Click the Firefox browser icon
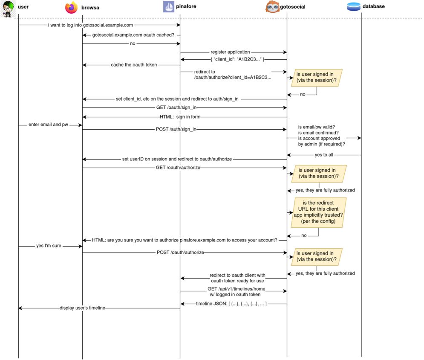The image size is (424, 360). (72, 7)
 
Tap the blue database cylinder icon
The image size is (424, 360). (353, 6)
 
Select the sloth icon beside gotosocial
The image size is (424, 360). (272, 7)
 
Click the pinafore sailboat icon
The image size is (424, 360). (168, 6)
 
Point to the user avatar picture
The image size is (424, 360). (8, 9)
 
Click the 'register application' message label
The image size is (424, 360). (230, 52)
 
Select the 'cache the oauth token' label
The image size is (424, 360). (134, 65)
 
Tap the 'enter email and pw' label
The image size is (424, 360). (48, 125)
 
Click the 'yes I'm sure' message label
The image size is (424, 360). (49, 246)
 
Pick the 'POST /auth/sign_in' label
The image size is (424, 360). (176, 129)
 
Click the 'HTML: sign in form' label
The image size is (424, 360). (180, 117)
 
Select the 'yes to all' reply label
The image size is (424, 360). (324, 155)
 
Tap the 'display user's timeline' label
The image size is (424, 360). (82, 308)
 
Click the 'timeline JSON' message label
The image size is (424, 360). (231, 304)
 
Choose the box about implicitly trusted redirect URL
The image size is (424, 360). (318, 212)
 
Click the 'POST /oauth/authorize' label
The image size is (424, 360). (180, 252)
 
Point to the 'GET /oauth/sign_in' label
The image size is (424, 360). (176, 107)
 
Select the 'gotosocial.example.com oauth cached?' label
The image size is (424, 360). (133, 35)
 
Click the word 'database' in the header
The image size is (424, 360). (373, 6)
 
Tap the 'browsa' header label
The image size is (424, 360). (90, 8)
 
